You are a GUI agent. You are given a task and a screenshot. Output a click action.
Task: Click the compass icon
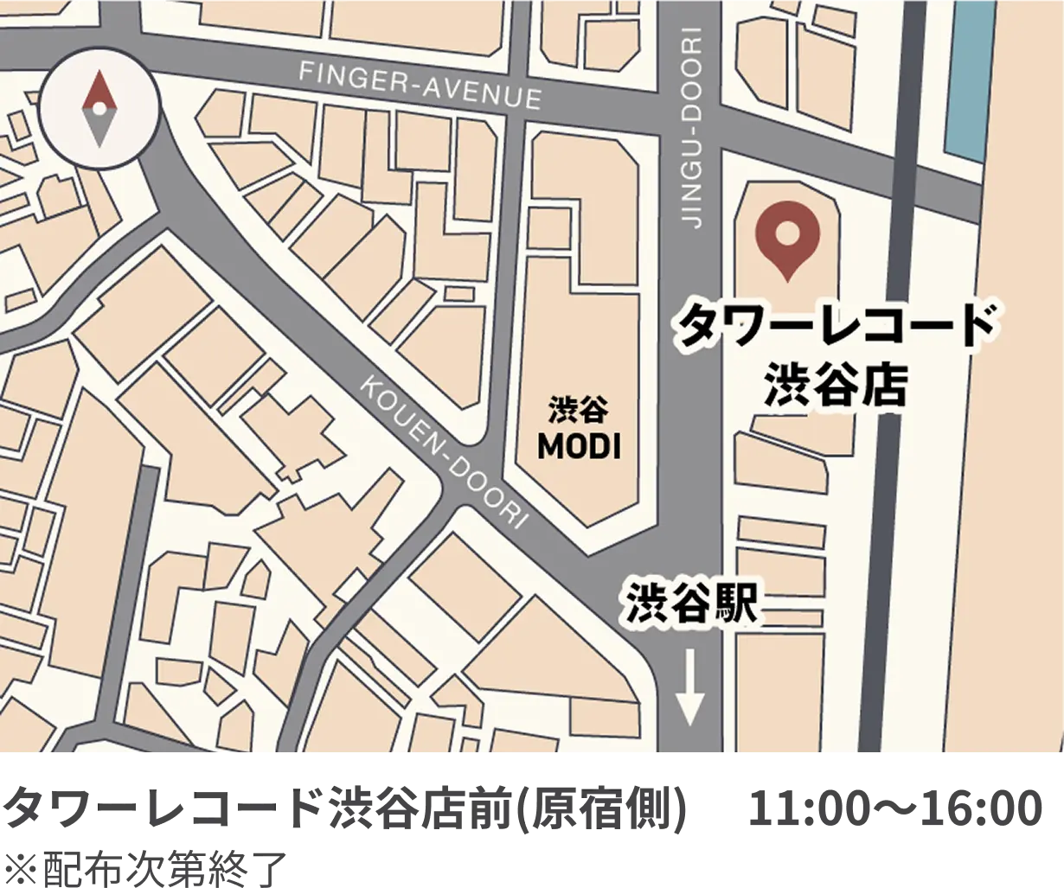(100, 108)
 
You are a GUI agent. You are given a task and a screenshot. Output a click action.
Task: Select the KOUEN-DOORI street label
(444, 450)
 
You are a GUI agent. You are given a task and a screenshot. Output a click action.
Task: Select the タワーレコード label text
(834, 326)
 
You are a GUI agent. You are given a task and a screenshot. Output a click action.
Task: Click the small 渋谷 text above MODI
(579, 409)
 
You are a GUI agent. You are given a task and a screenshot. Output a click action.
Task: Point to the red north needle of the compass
(100, 90)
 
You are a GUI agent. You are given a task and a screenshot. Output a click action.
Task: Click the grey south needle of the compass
(100, 128)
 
